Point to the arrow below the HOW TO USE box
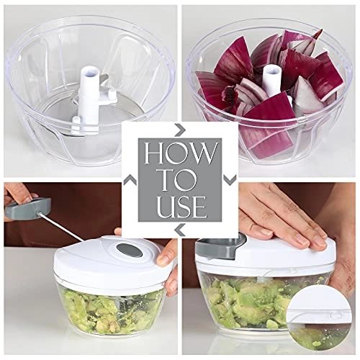click(x=179, y=230)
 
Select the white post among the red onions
click(x=272, y=80)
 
